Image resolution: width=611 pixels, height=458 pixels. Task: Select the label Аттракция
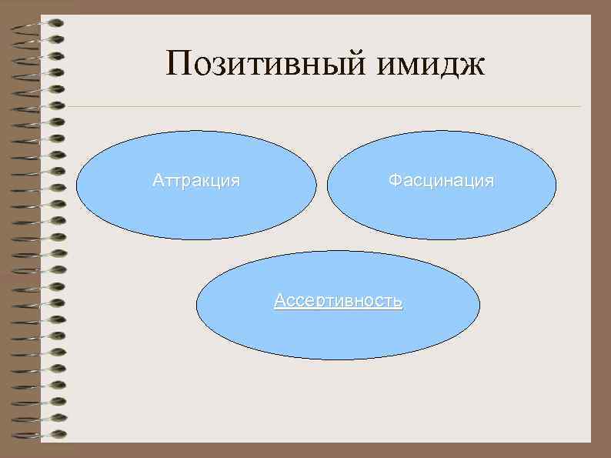pos(196,181)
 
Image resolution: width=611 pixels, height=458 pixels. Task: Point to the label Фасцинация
pos(441,181)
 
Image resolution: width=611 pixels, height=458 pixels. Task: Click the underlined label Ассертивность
pos(338,301)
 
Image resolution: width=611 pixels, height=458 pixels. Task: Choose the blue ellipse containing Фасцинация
pos(441,212)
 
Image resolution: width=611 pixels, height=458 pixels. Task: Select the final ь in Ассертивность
pos(397,302)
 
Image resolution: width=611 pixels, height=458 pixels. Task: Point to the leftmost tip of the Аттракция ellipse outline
pos(76,185)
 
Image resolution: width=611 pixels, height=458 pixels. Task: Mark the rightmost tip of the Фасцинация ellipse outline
pos(556,185)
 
